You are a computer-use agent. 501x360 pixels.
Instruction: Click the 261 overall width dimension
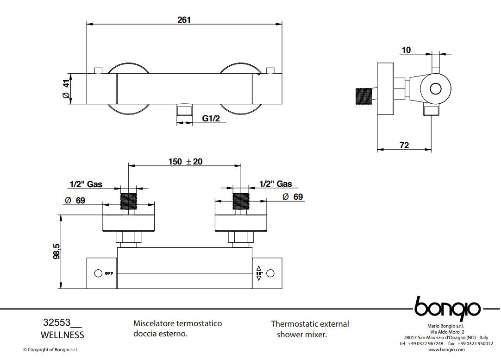(x=184, y=19)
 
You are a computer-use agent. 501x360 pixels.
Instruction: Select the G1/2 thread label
(x=211, y=119)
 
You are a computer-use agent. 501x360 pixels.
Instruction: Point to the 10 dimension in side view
(x=406, y=50)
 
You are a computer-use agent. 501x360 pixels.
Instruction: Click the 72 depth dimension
(x=404, y=145)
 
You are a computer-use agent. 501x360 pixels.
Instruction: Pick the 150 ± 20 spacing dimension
(x=185, y=162)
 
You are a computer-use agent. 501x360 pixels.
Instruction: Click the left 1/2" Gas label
(x=86, y=184)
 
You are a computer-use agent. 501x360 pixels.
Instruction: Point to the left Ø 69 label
(x=75, y=200)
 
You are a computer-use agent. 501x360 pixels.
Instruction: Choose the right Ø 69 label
(x=292, y=196)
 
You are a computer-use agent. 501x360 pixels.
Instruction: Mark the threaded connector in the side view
(x=364, y=98)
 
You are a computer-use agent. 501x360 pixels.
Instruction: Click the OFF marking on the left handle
(x=108, y=273)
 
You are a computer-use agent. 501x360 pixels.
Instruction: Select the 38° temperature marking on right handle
(x=258, y=273)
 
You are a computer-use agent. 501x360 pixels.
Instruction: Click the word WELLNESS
(x=63, y=335)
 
